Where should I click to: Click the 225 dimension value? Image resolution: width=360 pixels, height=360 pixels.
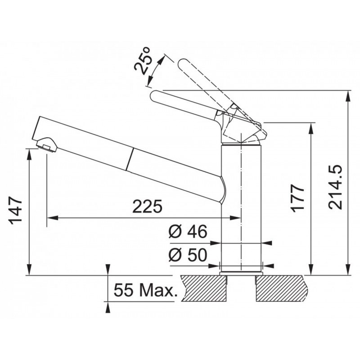point(147,206)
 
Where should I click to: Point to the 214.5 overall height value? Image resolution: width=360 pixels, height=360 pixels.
point(335,187)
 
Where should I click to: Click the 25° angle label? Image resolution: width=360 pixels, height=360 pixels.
point(143,61)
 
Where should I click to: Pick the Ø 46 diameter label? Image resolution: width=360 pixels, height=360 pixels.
point(188,231)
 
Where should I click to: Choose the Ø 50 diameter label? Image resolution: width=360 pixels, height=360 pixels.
point(188,255)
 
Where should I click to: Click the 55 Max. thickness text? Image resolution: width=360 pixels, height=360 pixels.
point(146,290)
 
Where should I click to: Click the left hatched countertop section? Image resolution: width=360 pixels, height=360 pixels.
point(204,288)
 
